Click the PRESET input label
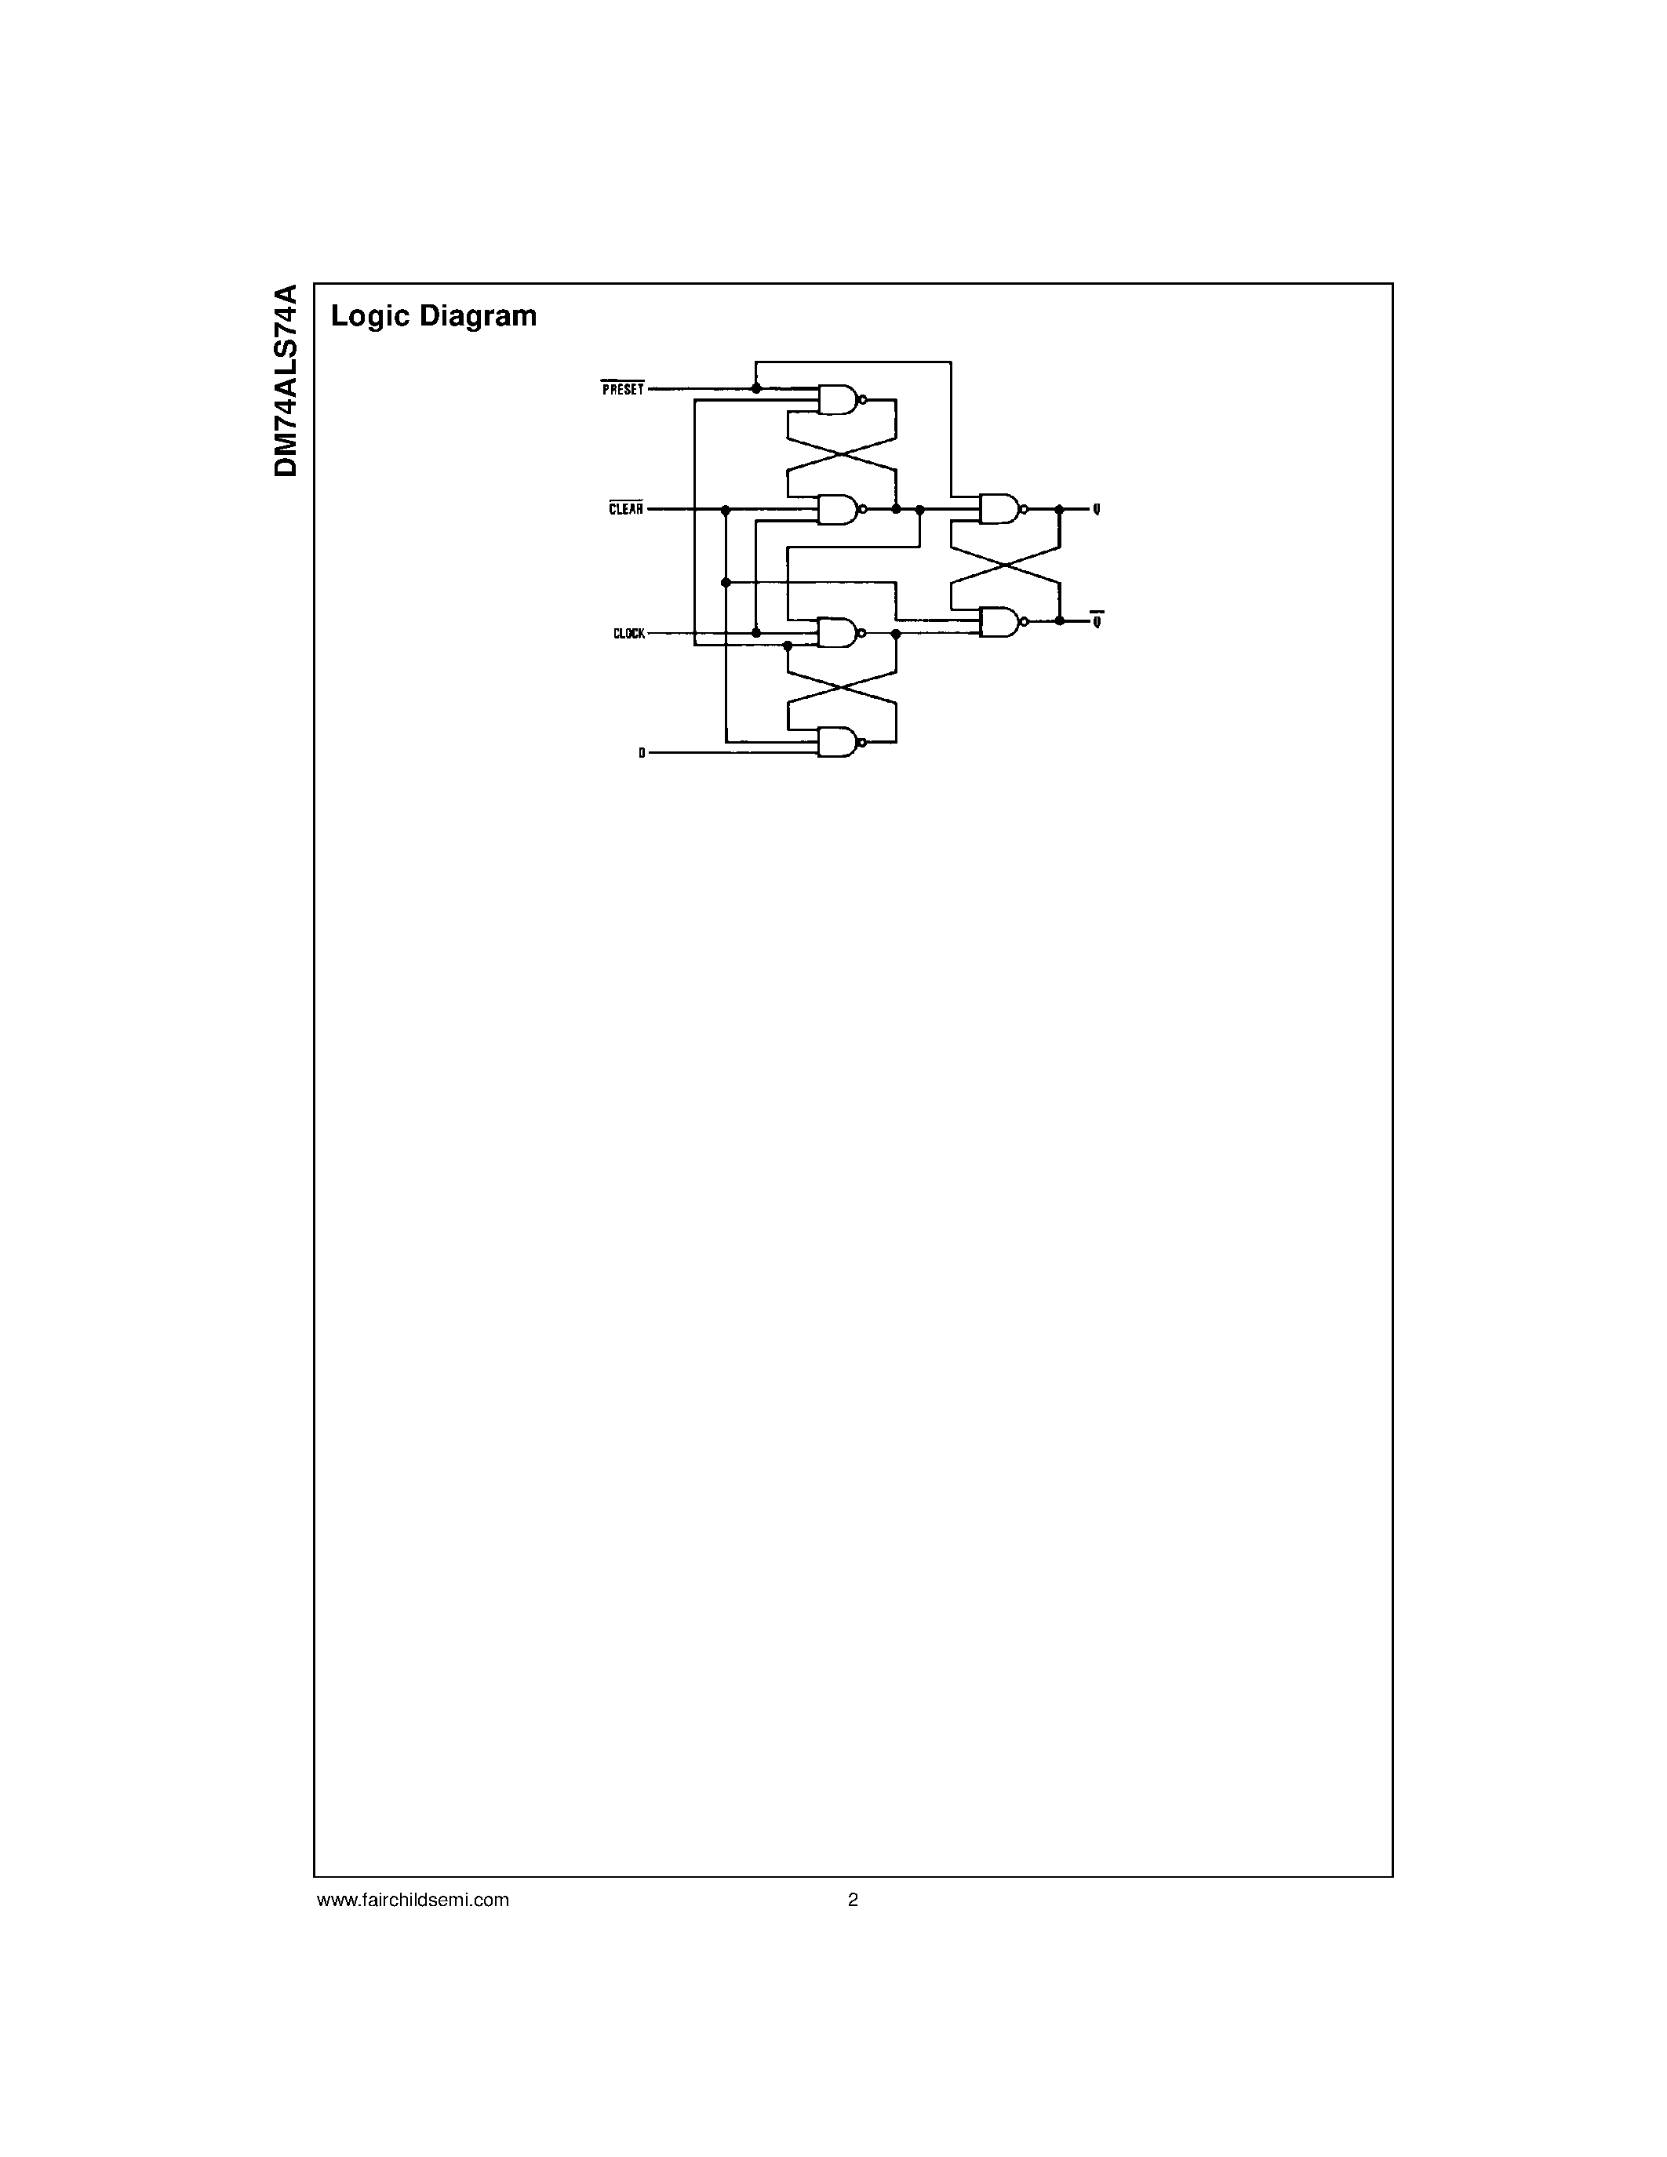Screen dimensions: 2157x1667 (x=622, y=389)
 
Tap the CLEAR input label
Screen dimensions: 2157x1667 (x=625, y=508)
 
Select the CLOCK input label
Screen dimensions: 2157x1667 (x=628, y=633)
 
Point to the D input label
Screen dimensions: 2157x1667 (x=641, y=752)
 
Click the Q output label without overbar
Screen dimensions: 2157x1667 (x=1096, y=508)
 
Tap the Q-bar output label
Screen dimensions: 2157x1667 (x=1096, y=620)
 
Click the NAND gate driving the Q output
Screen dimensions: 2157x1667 (x=999, y=508)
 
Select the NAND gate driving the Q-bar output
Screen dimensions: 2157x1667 (x=999, y=621)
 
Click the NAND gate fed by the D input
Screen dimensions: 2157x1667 (x=839, y=743)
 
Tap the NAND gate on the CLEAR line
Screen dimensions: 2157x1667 (x=839, y=508)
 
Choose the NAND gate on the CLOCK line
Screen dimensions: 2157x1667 (x=839, y=633)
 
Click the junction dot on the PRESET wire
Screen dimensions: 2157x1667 (x=756, y=389)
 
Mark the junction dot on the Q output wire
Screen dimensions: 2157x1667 (x=1060, y=508)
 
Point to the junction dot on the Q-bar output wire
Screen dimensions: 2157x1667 (x=1060, y=620)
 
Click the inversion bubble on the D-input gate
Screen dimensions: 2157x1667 (x=863, y=743)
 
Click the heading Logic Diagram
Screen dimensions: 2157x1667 (x=434, y=316)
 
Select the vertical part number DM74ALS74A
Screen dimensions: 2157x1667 (x=286, y=380)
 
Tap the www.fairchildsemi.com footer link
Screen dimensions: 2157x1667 (x=413, y=1899)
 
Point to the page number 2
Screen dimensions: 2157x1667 (x=854, y=1899)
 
